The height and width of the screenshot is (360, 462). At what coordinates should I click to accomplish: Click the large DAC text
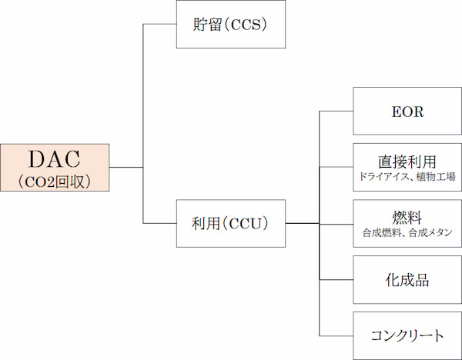click(55, 159)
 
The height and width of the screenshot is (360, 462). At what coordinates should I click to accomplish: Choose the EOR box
click(407, 112)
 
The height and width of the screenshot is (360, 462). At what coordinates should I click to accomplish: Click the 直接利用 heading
click(407, 162)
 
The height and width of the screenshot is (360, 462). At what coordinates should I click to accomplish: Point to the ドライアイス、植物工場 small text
click(407, 177)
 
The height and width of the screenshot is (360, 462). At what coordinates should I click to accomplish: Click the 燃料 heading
click(407, 217)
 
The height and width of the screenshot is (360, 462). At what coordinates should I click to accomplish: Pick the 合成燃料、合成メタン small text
click(407, 232)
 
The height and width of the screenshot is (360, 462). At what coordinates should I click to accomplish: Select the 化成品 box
click(407, 279)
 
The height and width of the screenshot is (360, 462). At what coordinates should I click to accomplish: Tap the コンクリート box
click(407, 335)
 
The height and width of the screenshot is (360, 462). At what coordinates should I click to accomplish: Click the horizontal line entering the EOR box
click(336, 112)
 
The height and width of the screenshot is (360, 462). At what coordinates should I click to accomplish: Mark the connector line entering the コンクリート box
click(336, 335)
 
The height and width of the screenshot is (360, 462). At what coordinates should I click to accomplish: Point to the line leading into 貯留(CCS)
click(160, 24)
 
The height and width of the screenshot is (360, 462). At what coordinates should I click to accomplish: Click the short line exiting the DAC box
click(126, 167)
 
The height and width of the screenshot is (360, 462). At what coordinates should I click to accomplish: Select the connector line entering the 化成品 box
click(336, 279)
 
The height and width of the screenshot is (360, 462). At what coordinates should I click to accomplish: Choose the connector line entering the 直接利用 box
click(336, 167)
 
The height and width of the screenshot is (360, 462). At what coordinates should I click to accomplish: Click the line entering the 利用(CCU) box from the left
click(160, 223)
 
